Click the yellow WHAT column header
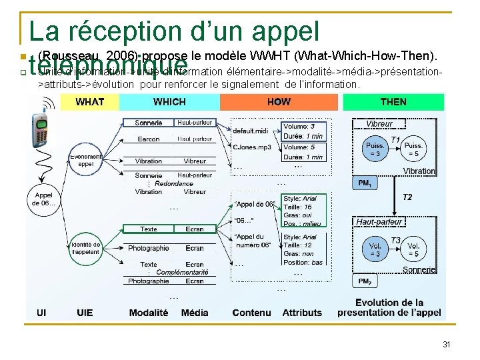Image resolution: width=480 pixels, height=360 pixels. coord(89,102)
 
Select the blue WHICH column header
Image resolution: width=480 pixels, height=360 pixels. coord(169,102)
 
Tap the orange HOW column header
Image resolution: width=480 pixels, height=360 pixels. coord(279,102)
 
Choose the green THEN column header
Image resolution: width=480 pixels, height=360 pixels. coord(393,102)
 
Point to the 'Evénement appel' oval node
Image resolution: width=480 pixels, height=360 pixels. coord(86,159)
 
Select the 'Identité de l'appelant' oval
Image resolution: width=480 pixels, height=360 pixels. coord(86,249)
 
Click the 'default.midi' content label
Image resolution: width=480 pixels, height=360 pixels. coord(251,131)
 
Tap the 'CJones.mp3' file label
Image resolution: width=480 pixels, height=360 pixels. coord(251,147)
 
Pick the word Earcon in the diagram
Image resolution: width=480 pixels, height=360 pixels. coord(149,139)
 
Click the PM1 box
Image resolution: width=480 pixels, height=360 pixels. coord(365,182)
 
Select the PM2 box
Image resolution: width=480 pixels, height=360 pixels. coord(365,281)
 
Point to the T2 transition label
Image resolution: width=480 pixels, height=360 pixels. coord(407,197)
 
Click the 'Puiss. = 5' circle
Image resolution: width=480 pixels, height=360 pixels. coord(413,150)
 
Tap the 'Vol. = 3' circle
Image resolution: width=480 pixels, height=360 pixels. coord(375,249)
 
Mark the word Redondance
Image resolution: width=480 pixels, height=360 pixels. coord(174,183)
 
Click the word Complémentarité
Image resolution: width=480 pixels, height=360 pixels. coord(183,273)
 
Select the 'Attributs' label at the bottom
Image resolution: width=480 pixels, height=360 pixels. coord(302,313)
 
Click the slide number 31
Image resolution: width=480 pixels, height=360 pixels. coord(447,345)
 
